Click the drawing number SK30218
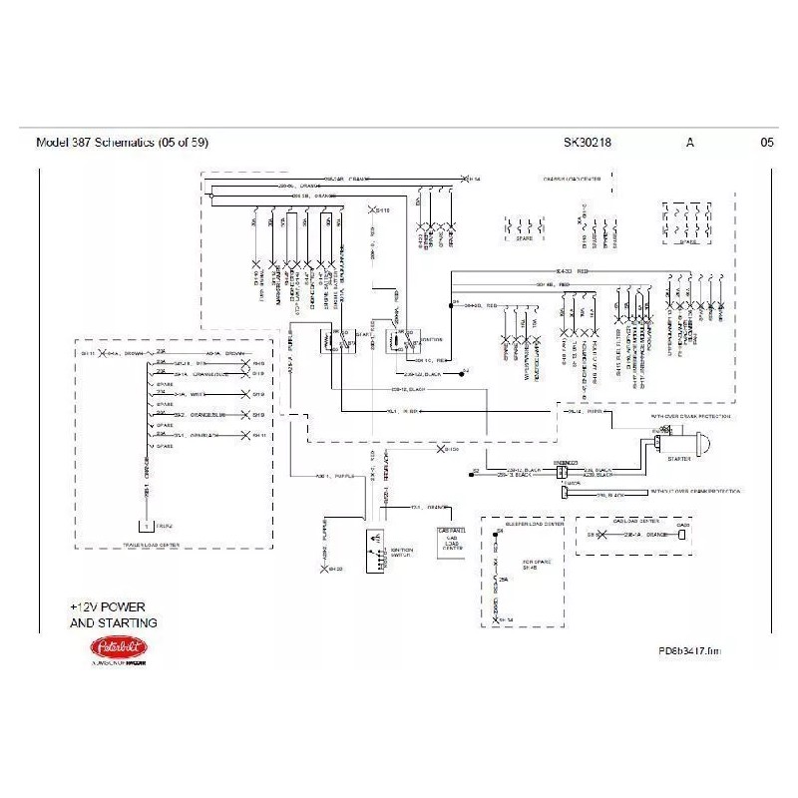coord(588,143)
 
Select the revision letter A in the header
coord(690,143)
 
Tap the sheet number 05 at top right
coord(766,143)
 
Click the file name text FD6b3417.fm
coord(687,650)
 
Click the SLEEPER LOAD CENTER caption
coord(536,523)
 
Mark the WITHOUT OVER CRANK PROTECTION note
coord(697,493)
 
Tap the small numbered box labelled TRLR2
coord(147,525)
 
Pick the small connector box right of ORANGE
coord(682,536)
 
